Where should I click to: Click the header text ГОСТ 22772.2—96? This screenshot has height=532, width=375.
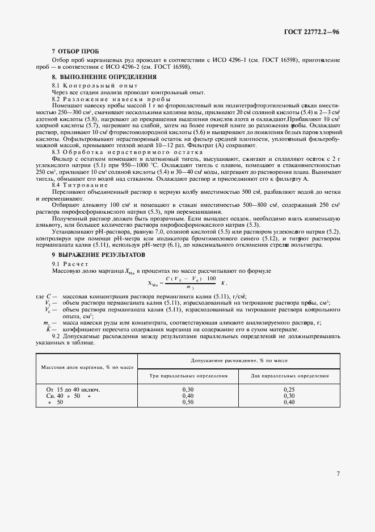312,32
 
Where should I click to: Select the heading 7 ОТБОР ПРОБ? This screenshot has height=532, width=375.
68,51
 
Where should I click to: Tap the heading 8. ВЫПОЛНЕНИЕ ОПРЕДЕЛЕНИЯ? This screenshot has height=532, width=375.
96,76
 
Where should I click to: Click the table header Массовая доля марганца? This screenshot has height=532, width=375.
87,367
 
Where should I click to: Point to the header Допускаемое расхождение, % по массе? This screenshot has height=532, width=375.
239,360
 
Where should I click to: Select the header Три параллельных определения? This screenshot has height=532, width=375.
188,376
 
